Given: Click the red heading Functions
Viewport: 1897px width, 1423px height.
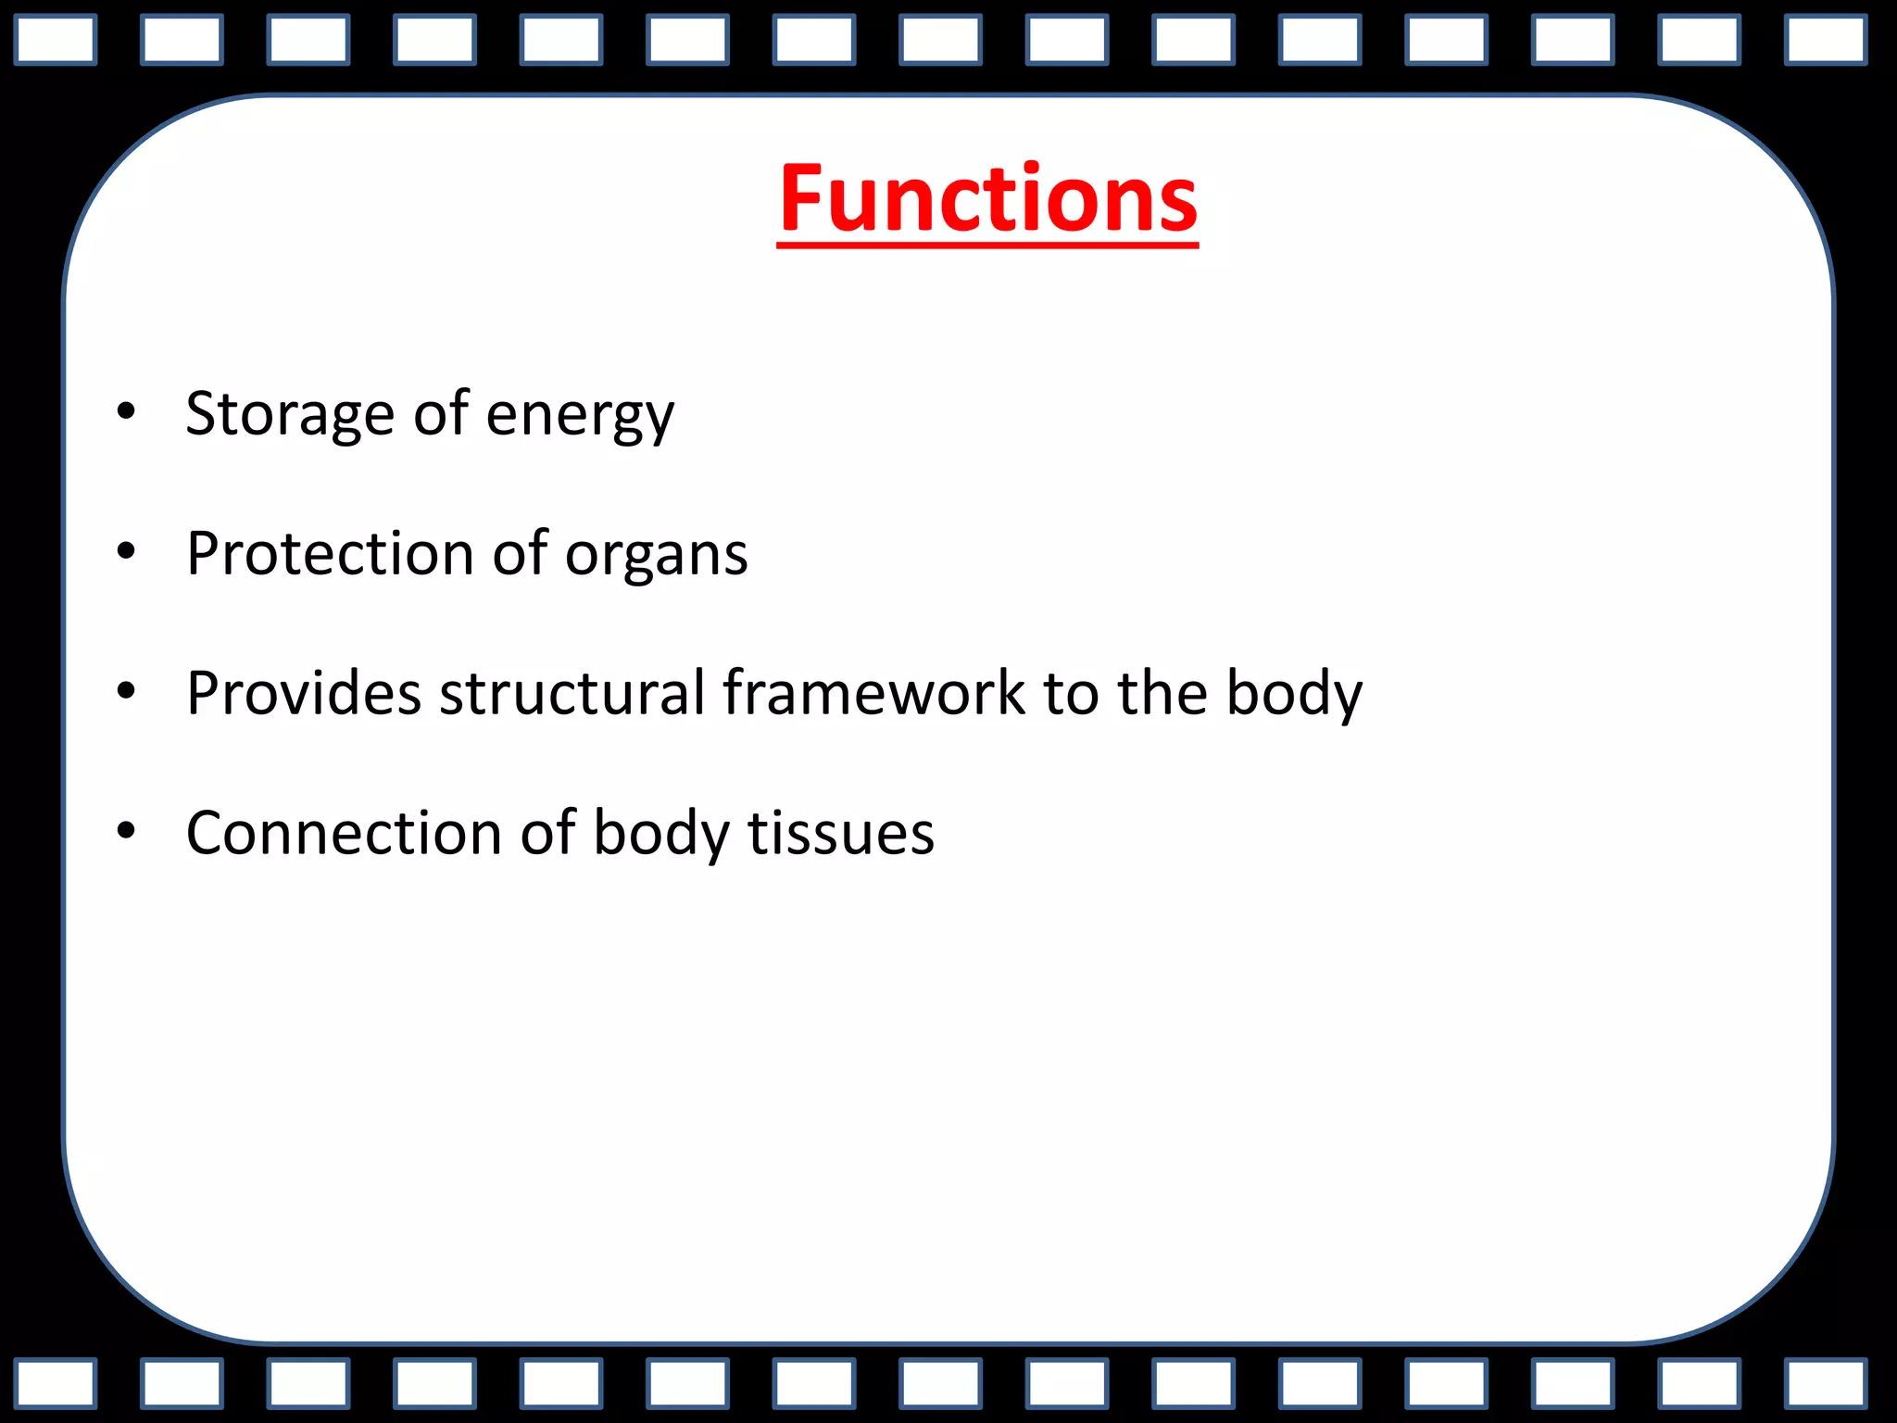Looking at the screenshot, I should point(987,198).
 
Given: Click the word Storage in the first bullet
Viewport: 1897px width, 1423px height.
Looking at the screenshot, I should point(290,413).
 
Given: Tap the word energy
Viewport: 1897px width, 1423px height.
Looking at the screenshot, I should point(580,417).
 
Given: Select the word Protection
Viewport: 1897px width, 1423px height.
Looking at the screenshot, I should point(330,553).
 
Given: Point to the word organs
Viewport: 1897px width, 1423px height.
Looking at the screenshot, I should point(656,557).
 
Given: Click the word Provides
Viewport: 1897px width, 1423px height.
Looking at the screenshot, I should point(304,693).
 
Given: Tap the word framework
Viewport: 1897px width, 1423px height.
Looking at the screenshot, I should point(873,693).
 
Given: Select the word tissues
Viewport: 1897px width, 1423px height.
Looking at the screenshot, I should point(841,832).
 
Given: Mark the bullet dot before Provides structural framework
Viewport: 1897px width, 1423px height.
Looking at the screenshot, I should point(127,691).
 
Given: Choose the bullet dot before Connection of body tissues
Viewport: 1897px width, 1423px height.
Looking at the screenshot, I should point(127,831).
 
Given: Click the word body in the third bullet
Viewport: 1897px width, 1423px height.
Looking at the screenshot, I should point(1294,695).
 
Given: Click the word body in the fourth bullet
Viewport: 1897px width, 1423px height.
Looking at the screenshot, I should point(660,834).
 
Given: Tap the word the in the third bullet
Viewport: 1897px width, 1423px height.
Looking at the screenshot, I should point(1162,693).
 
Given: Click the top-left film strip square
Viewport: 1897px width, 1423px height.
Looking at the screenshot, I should point(56,41).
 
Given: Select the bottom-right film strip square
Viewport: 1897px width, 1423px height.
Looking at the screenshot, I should point(1825,1384).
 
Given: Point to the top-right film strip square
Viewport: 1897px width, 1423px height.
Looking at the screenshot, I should point(1825,41).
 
